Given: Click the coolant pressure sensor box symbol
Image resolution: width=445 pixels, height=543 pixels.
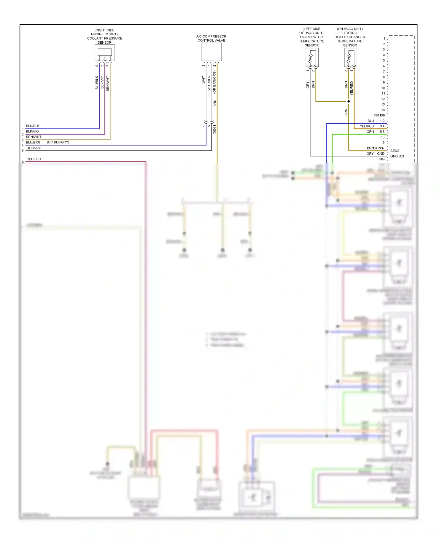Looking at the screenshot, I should point(105,53).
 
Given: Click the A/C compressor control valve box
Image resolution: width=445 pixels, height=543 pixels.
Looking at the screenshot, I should point(212,52).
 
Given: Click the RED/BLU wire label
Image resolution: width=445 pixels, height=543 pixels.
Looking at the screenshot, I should point(34,159).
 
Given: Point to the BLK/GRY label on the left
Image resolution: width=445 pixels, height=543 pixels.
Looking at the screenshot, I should point(34,148).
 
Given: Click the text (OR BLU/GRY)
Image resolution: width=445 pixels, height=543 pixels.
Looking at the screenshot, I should point(58,142).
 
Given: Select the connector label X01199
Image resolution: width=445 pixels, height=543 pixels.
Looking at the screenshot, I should point(379,115).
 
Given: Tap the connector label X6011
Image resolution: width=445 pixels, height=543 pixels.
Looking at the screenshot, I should point(214,130).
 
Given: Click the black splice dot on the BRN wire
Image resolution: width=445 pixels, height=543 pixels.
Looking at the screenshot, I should point(349,101).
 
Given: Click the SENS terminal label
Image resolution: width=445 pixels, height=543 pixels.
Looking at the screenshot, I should point(395,151).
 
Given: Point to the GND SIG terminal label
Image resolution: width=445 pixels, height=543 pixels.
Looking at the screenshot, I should point(397,156).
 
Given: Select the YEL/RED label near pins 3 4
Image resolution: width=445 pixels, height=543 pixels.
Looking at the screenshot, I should point(367,126).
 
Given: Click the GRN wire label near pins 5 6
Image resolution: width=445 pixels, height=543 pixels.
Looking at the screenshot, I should point(370,132).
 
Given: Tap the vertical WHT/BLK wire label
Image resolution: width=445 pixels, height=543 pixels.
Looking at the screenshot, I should point(209,83).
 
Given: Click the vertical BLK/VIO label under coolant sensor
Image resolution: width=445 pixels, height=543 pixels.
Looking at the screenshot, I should point(102,82).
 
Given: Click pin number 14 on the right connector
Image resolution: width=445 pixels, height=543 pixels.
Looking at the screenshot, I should point(383,110).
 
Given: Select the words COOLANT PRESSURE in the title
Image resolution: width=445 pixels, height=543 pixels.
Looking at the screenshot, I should point(104,38).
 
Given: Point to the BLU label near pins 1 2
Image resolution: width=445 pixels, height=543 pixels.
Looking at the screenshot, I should point(371,121).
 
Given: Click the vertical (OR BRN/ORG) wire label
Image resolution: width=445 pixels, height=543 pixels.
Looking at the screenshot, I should point(214,82).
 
